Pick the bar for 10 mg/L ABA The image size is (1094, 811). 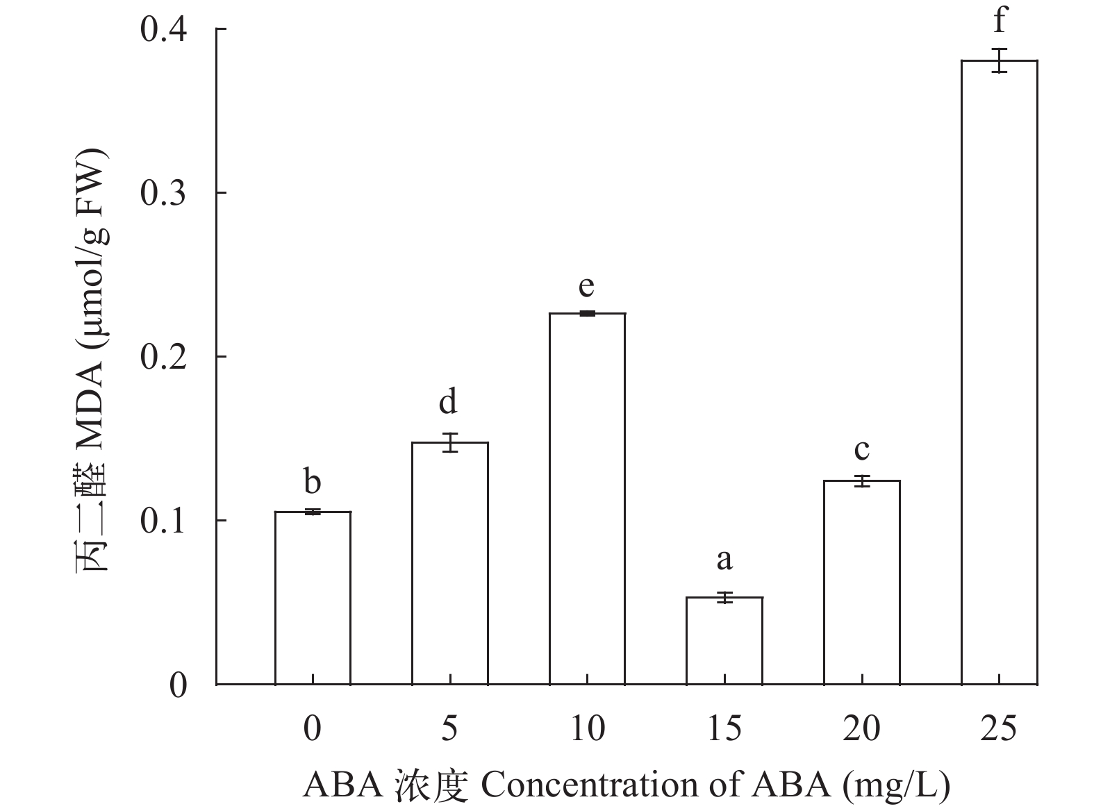click(587, 499)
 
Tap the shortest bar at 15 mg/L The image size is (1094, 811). click(724, 640)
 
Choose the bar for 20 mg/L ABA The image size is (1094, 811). click(861, 582)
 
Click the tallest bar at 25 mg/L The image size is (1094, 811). click(999, 371)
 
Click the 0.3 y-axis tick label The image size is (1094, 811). click(164, 193)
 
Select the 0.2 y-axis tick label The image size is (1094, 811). click(164, 357)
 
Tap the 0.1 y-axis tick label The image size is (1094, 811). click(164, 521)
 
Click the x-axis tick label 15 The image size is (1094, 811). click(724, 728)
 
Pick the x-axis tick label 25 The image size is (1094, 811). click(999, 728)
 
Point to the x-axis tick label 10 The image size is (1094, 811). click(587, 728)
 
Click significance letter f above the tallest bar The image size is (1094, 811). click(999, 21)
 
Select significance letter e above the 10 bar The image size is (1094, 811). click(587, 285)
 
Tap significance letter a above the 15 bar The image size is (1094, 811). click(724, 559)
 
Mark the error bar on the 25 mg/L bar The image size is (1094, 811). click(999, 60)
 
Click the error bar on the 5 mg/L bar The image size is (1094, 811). click(450, 442)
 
